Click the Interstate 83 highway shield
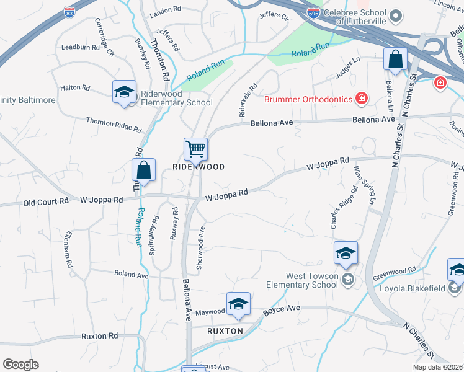68,12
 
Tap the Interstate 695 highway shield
313,13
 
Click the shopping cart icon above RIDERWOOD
195,149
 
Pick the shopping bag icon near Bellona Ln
395,60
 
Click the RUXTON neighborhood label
225,331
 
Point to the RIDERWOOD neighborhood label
198,167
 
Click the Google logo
20,365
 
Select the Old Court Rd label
46,201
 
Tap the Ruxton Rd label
99,336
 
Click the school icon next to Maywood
238,304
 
